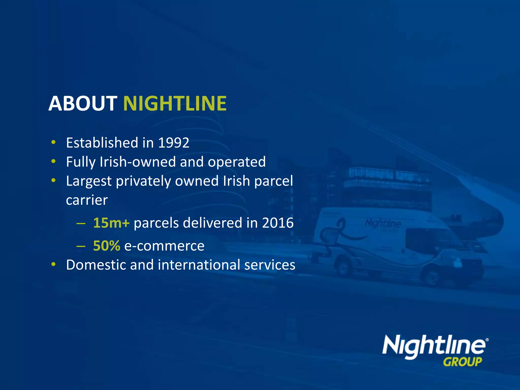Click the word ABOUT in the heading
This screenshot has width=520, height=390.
point(83,104)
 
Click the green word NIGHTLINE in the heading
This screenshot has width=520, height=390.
point(175,104)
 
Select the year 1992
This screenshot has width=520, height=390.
point(174,143)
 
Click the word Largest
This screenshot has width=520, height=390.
point(89,181)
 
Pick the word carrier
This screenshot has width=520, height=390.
point(87,200)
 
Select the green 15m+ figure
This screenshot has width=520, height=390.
point(111,223)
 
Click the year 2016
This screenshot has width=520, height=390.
point(278,223)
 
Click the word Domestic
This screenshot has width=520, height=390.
point(96,265)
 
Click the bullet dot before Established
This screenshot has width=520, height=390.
point(53,142)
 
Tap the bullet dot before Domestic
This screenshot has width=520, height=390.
point(53,264)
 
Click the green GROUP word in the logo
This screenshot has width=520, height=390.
point(462,362)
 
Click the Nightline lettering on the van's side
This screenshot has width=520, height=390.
point(383,224)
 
